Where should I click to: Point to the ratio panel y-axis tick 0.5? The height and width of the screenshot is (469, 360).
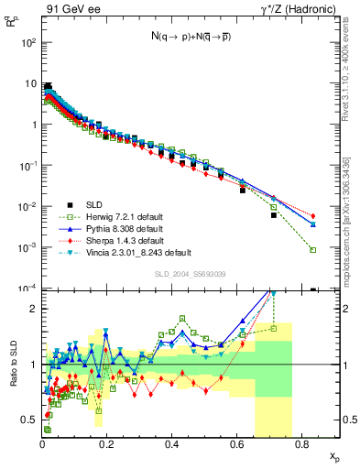[x=31, y=420]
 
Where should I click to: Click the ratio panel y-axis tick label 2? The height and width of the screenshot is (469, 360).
[x=35, y=309]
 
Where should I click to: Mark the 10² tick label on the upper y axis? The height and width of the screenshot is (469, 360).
[x=30, y=42]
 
